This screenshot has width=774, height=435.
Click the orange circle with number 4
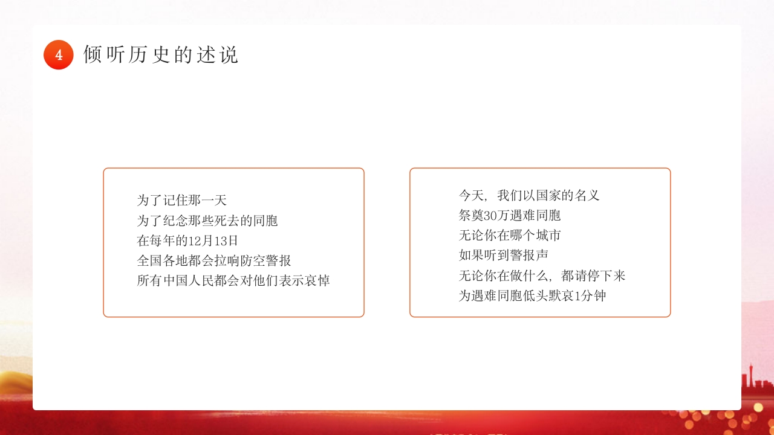click(x=59, y=55)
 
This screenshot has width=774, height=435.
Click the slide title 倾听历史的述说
click(x=161, y=55)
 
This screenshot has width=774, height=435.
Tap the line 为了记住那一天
click(x=181, y=200)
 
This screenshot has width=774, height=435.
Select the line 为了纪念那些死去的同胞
click(x=207, y=221)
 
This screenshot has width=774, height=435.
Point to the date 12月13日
click(x=213, y=240)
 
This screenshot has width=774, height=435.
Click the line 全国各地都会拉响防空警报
click(x=214, y=260)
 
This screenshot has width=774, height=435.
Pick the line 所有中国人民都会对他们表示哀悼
click(x=233, y=281)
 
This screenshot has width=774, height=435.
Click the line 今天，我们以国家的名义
click(x=529, y=195)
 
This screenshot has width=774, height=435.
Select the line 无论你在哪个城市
click(x=510, y=235)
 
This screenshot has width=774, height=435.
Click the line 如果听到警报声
click(x=503, y=256)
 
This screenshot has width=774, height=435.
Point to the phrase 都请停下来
click(x=593, y=275)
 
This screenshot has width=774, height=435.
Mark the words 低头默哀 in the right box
click(x=548, y=296)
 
